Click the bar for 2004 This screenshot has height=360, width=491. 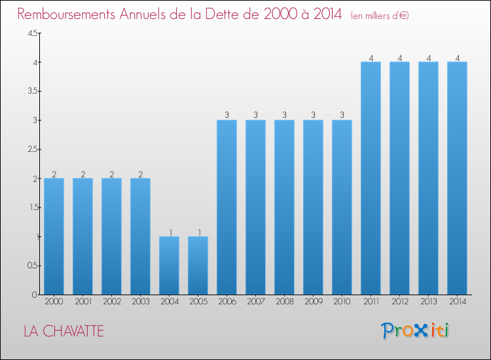tap(169, 265)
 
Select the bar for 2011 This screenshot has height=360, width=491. tap(371, 178)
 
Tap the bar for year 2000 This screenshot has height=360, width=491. tap(54, 236)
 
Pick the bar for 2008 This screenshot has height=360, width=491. tap(284, 207)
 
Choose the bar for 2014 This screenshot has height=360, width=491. tap(457, 178)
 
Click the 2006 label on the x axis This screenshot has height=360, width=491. tap(227, 302)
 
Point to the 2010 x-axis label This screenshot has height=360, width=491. tap(342, 302)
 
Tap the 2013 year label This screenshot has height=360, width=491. tap(428, 302)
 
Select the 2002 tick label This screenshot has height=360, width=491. tap(111, 302)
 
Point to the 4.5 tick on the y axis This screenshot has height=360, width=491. tap(32, 33)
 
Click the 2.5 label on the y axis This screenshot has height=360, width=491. tap(32, 149)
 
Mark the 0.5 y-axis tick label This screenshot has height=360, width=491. tap(32, 266)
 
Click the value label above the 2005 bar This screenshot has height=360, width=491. tap(198, 232)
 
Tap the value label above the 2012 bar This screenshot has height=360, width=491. tap(399, 58)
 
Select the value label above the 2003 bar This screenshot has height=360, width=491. tap(140, 174)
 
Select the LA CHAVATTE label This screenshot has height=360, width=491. tap(64, 331)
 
